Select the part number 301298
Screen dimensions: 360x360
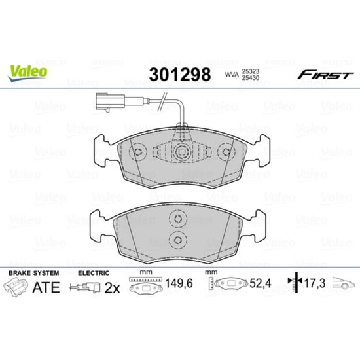pos(180,75)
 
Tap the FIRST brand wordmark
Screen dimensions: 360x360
pos(325,75)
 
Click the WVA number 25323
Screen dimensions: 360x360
pos(250,71)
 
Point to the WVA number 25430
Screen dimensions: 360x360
pos(250,78)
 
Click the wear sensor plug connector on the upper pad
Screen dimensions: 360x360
pos(111,101)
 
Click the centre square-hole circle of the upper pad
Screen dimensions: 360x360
pos(182,152)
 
